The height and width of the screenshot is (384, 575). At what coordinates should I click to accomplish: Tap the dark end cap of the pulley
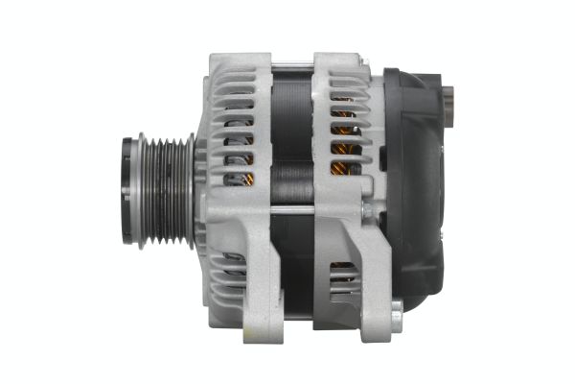click(127, 192)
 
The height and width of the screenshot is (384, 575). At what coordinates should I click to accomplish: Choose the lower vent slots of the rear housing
click(342, 278)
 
